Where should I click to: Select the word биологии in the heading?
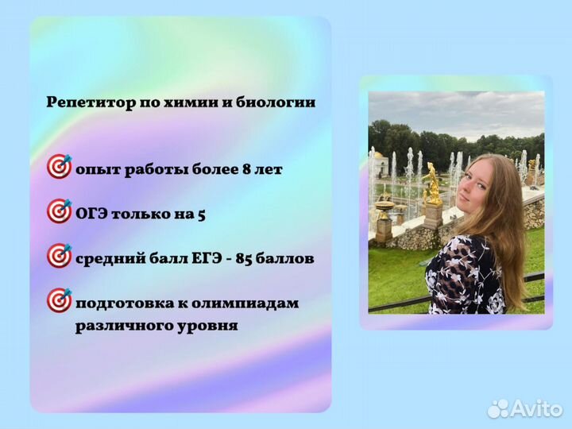pyautogui.click(x=276, y=102)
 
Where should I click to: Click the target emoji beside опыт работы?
pyautogui.click(x=60, y=166)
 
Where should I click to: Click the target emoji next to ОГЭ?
pyautogui.click(x=60, y=211)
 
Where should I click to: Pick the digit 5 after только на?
pyautogui.click(x=201, y=214)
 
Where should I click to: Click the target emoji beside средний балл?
pyautogui.click(x=60, y=256)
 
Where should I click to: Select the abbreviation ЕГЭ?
pyautogui.click(x=207, y=259)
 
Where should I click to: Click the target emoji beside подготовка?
pyautogui.click(x=60, y=300)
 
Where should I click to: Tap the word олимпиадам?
pyautogui.click(x=245, y=303)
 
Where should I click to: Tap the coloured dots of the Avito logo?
pyautogui.click(x=498, y=408)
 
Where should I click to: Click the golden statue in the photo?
pyautogui.click(x=433, y=184)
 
